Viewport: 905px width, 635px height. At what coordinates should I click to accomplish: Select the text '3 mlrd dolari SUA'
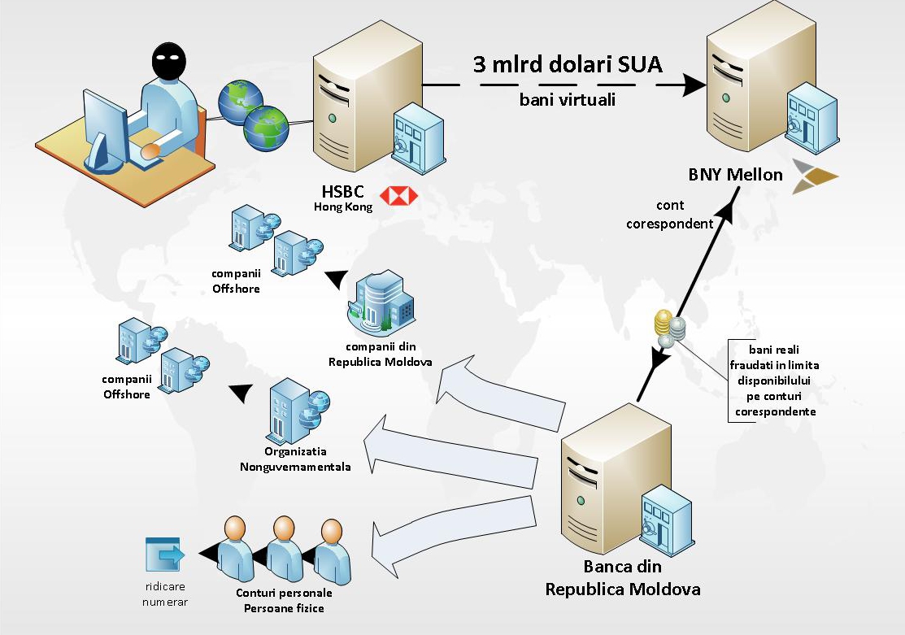568,64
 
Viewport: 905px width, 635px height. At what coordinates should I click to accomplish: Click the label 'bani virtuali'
568,101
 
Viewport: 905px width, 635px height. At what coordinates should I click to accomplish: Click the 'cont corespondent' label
669,215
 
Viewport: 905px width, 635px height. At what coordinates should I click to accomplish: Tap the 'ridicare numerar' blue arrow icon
165,555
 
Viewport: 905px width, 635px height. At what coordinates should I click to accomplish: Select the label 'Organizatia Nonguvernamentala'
295,459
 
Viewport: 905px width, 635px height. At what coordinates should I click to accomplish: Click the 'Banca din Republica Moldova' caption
622,578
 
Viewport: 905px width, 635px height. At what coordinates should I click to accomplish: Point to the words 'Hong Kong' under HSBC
343,207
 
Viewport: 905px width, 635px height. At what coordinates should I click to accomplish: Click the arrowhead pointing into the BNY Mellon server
693,85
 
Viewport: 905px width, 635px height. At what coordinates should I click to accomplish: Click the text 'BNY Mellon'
735,174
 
